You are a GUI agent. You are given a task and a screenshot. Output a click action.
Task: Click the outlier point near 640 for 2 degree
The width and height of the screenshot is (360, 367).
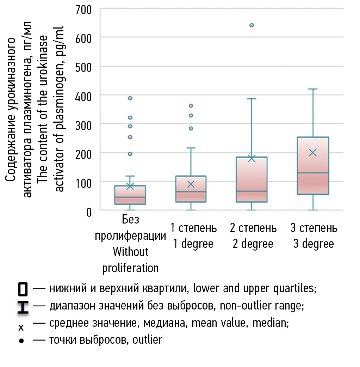[252, 25]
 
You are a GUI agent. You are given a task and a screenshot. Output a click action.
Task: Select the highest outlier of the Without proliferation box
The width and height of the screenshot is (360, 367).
[130, 98]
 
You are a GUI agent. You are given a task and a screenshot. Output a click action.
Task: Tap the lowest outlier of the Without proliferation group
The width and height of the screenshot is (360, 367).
[130, 154]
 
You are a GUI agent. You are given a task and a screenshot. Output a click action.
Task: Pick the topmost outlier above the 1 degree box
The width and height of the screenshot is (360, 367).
[191, 105]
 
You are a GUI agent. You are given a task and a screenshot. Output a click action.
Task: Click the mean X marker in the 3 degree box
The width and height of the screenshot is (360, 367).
[312, 152]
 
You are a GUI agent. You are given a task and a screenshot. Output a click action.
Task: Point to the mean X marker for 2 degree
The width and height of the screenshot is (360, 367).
[252, 158]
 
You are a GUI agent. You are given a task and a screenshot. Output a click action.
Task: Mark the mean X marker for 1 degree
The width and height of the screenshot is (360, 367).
[191, 184]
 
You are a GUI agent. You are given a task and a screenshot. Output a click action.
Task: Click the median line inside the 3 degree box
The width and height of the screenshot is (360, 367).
[312, 173]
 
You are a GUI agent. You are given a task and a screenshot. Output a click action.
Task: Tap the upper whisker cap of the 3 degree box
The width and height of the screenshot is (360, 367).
[312, 89]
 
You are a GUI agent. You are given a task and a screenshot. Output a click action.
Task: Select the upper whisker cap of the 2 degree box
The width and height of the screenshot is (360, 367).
[252, 99]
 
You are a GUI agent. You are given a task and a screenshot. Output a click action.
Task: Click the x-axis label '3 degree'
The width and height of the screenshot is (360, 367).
[314, 244]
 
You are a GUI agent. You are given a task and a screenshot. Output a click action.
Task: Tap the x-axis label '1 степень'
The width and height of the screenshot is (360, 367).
[194, 228]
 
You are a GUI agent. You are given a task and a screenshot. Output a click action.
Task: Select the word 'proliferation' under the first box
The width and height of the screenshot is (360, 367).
[130, 268]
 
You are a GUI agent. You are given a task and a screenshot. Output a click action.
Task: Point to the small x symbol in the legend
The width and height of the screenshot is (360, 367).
[21, 328]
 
